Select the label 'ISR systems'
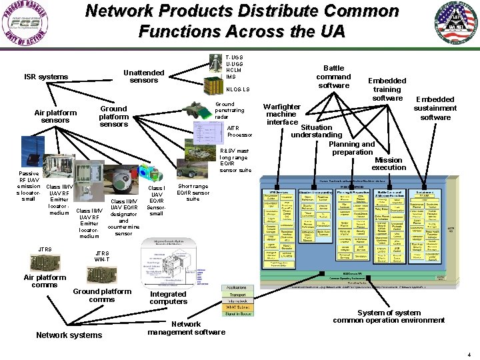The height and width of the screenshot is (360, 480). tap(46, 77)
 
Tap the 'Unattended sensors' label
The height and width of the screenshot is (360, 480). tap(144, 77)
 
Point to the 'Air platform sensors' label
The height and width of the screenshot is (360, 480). tap(55, 116)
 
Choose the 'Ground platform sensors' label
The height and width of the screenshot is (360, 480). tap(113, 116)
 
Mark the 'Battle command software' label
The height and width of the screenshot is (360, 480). tap(333, 77)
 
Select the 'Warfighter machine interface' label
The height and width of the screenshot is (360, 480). tap(282, 114)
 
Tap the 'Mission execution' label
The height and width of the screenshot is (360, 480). tap(389, 163)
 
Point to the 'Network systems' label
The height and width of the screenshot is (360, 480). tap(69, 335)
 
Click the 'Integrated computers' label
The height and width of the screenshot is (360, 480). tap(168, 298)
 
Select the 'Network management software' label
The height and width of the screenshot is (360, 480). tap(186, 328)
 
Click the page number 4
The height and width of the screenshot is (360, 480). tap(469, 355)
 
